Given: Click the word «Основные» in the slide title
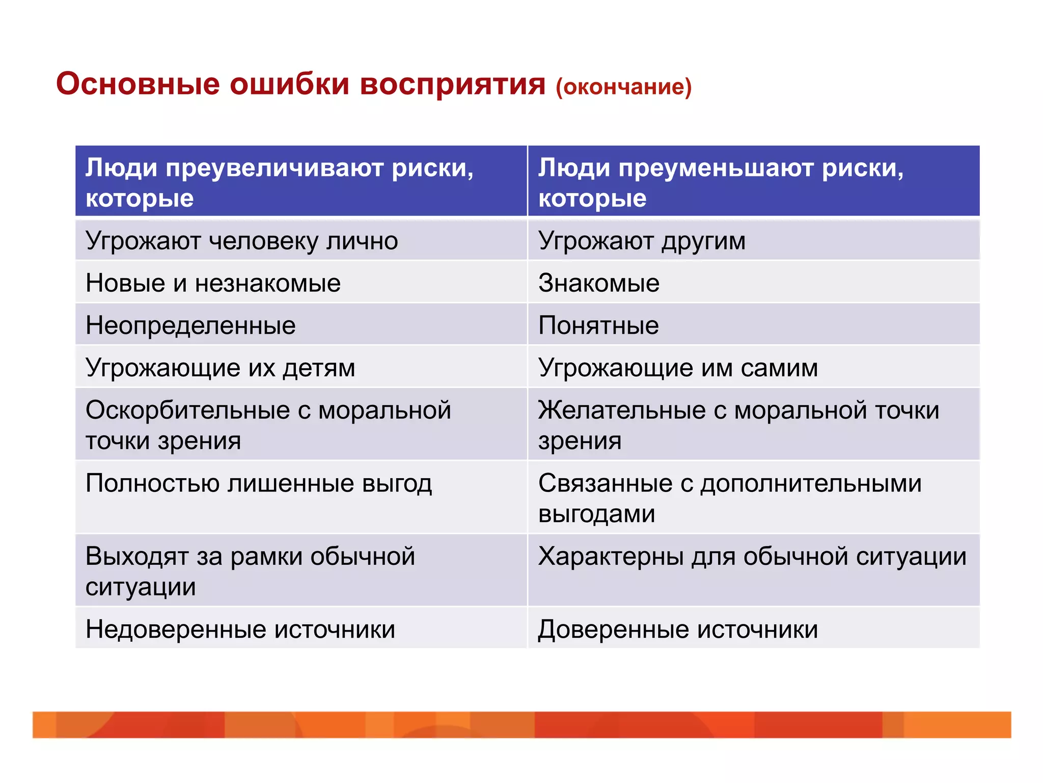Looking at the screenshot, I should pos(138,84).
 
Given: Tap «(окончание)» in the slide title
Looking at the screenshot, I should pos(623,87).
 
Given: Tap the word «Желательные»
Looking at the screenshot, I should pos(621,410).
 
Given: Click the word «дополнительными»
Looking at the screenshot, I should pos(811,483).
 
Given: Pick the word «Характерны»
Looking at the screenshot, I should pos(611,556).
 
